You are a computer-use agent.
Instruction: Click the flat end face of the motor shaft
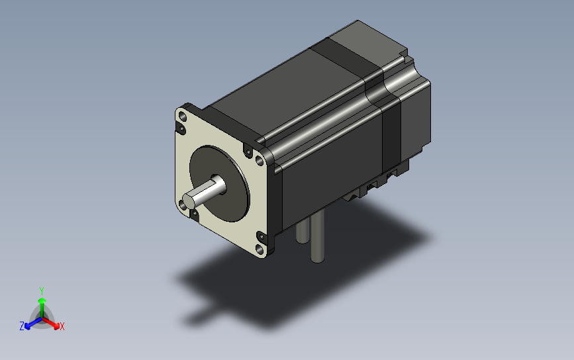189,201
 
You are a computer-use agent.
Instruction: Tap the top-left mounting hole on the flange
183,117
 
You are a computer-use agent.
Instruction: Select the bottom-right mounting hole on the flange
260,249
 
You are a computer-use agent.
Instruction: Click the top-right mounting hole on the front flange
259,160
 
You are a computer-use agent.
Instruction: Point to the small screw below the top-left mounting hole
181,128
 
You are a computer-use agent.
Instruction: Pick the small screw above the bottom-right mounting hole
262,237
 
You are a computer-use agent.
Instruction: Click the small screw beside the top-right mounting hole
248,152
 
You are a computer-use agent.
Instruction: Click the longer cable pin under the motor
317,236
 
